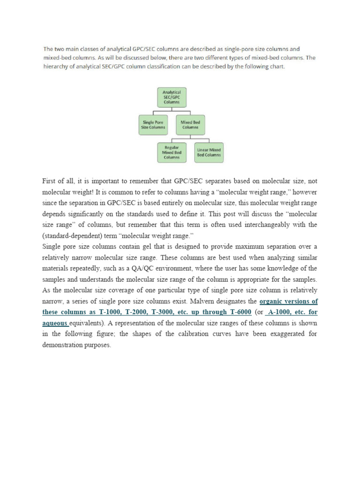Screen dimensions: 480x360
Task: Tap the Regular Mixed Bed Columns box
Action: point(171,152)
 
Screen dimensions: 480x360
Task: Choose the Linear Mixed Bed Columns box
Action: point(209,152)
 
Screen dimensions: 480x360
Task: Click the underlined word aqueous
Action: point(55,323)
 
